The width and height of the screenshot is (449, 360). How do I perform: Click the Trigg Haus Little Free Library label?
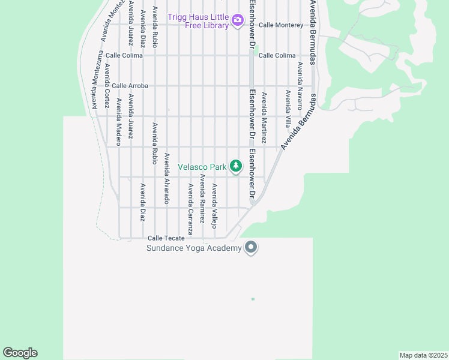click(198, 21)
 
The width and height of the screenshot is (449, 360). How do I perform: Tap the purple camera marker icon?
click(238, 20)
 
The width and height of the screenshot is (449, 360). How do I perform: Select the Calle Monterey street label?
click(281, 25)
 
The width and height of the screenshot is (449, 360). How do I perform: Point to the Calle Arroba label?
click(130, 86)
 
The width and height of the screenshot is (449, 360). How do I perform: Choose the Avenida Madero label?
click(119, 122)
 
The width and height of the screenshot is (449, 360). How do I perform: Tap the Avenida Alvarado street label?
click(167, 178)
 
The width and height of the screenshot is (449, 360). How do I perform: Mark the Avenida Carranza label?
click(190, 209)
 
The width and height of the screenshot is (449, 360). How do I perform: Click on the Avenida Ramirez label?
click(202, 199)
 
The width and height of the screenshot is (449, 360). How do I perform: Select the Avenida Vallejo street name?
click(214, 206)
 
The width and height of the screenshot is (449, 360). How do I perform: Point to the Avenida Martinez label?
click(264, 117)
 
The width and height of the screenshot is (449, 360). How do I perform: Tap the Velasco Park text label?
click(202, 166)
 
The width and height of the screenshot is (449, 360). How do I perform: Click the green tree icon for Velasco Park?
click(236, 165)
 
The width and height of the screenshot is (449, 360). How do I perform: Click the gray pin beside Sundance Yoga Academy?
click(251, 247)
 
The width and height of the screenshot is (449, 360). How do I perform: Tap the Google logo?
click(20, 353)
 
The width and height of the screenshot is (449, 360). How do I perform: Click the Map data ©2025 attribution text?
click(423, 355)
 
